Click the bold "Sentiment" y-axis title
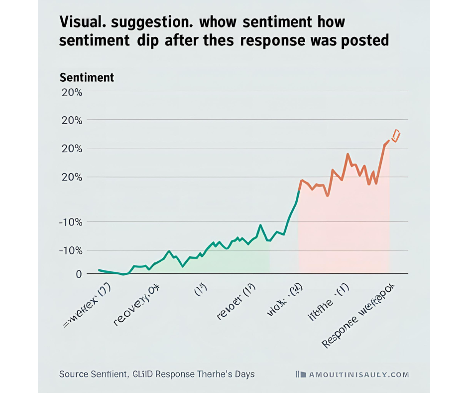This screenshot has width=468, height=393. pos(87,78)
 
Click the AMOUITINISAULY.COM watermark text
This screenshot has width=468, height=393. pos(358,374)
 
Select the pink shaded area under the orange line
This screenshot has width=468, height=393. pos(344,229)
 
